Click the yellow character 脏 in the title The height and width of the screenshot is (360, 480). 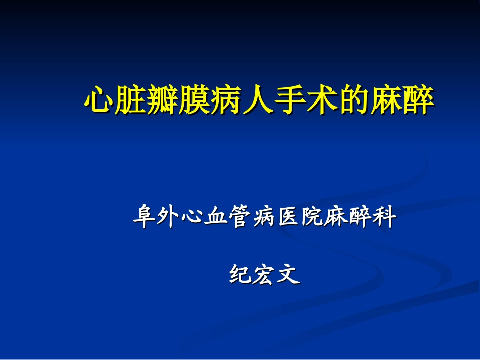point(131,99)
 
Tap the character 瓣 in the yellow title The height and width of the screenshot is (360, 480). point(163,99)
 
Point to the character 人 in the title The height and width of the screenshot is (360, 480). point(258,99)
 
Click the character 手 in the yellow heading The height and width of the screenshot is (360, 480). point(290,99)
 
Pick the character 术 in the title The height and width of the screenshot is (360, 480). point(322,99)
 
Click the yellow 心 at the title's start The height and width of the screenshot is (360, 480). point(99,99)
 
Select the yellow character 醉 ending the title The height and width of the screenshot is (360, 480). point(418,99)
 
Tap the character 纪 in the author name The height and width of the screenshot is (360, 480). point(241,274)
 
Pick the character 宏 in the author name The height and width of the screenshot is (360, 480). point(264,274)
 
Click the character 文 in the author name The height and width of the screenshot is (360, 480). point(289,274)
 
